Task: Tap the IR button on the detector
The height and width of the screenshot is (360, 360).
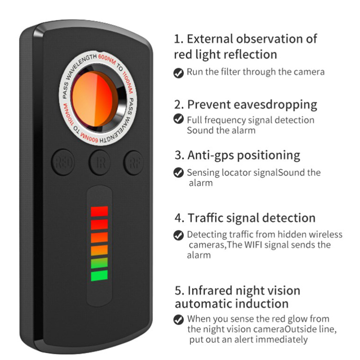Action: (99, 162)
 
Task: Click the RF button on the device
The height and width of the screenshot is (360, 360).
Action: (134, 162)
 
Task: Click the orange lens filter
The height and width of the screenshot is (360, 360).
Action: (94, 99)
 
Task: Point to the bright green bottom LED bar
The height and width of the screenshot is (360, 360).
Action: (99, 275)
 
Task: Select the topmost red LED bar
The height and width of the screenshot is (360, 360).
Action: (99, 211)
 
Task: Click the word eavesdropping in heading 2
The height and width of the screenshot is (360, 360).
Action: (275, 105)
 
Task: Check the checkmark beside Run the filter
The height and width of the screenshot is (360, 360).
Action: (178, 73)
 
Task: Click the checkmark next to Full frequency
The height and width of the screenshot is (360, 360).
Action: (178, 119)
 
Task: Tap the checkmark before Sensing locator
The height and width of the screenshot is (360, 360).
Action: (178, 173)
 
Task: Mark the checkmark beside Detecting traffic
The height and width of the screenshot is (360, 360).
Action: (178, 235)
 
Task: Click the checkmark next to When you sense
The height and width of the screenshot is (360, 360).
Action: (178, 319)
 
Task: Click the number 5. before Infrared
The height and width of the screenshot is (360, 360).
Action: (179, 291)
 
